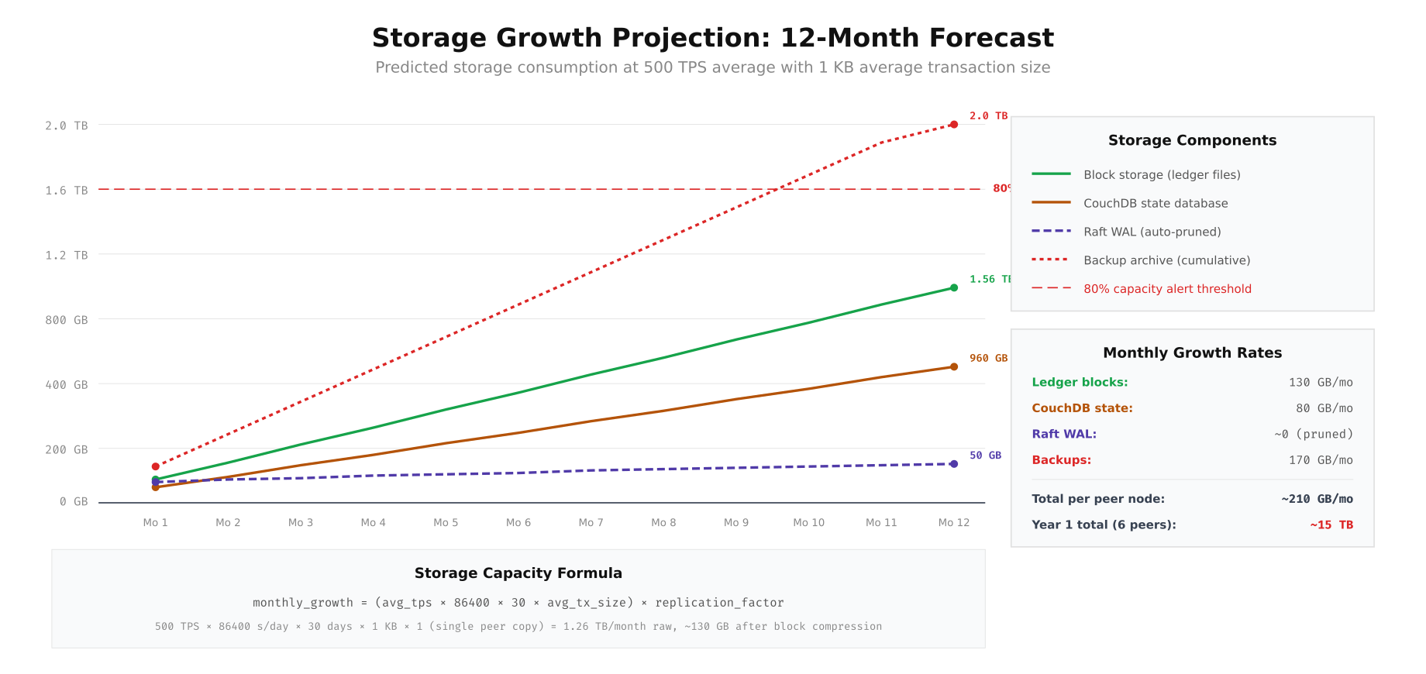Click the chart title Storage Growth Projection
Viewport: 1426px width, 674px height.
click(x=712, y=37)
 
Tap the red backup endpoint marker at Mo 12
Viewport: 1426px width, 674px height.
click(x=953, y=125)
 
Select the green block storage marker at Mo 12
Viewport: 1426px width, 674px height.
click(x=953, y=288)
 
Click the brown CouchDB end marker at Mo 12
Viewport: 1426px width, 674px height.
click(x=953, y=367)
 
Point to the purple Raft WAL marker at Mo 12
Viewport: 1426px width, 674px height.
click(x=953, y=464)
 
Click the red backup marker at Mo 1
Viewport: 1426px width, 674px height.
click(x=155, y=466)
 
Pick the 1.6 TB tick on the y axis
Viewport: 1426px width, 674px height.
click(x=67, y=191)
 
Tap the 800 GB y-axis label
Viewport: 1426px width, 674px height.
click(x=67, y=320)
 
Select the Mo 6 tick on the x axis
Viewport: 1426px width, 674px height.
click(x=518, y=523)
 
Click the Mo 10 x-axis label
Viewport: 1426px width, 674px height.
click(x=808, y=523)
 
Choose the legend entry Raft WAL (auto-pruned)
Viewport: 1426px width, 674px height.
click(x=1152, y=232)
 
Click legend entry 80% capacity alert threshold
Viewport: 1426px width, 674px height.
click(x=1167, y=289)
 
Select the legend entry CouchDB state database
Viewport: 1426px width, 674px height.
click(x=1155, y=203)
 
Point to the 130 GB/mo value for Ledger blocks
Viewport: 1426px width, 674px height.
click(x=1321, y=383)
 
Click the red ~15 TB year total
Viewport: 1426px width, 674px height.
click(x=1331, y=525)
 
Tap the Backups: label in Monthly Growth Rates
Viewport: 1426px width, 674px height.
click(x=1061, y=460)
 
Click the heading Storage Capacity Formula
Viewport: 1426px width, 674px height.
click(x=518, y=573)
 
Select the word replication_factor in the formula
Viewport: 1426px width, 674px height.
click(x=719, y=603)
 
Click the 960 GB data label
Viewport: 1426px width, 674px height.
click(x=988, y=359)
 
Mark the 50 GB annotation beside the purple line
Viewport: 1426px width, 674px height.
click(x=985, y=456)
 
